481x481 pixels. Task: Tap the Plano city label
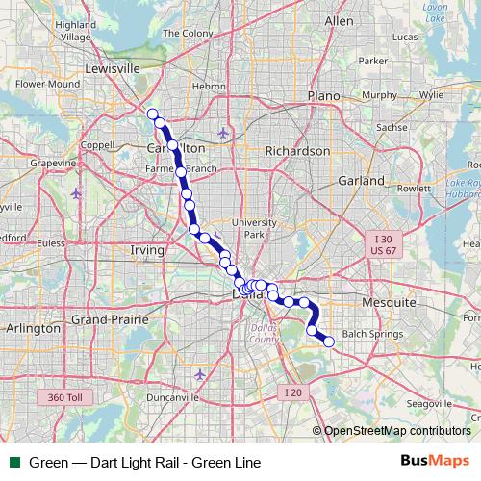[324, 95]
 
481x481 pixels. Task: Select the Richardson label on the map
[297, 151]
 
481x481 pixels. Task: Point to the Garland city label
[362, 180]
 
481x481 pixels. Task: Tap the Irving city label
[147, 250]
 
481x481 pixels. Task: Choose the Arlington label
[34, 328]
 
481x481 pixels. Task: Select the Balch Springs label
[373, 334]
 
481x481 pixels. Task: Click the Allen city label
[339, 20]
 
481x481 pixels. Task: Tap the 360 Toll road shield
[64, 396]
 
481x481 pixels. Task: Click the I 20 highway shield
[292, 392]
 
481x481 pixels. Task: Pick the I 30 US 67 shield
[384, 244]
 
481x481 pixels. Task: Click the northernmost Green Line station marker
[152, 114]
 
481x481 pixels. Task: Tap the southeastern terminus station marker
[329, 342]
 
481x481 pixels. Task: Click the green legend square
[14, 463]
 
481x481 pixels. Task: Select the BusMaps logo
[435, 462]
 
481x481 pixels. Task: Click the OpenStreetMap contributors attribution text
[396, 431]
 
